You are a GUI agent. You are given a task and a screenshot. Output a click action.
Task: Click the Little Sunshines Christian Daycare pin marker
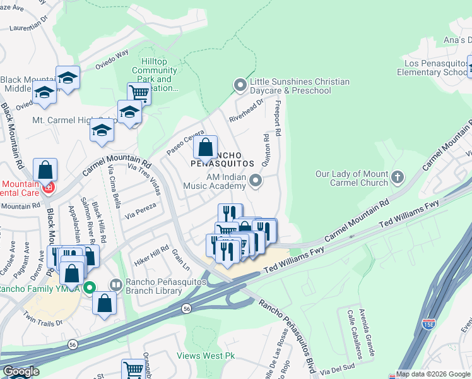click(x=240, y=84)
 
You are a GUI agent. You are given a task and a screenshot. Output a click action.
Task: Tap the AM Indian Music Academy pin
click(x=256, y=182)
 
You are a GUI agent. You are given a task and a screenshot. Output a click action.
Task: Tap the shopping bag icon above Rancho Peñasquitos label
click(x=206, y=149)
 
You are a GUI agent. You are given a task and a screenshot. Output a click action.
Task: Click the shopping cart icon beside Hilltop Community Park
click(x=139, y=94)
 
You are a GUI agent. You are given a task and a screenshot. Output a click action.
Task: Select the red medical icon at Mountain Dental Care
click(x=48, y=188)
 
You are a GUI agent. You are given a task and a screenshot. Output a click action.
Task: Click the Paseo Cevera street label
click(x=185, y=143)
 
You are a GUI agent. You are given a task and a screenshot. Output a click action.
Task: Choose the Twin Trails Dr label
click(x=43, y=318)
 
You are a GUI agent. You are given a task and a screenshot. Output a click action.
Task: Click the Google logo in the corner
click(x=21, y=371)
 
